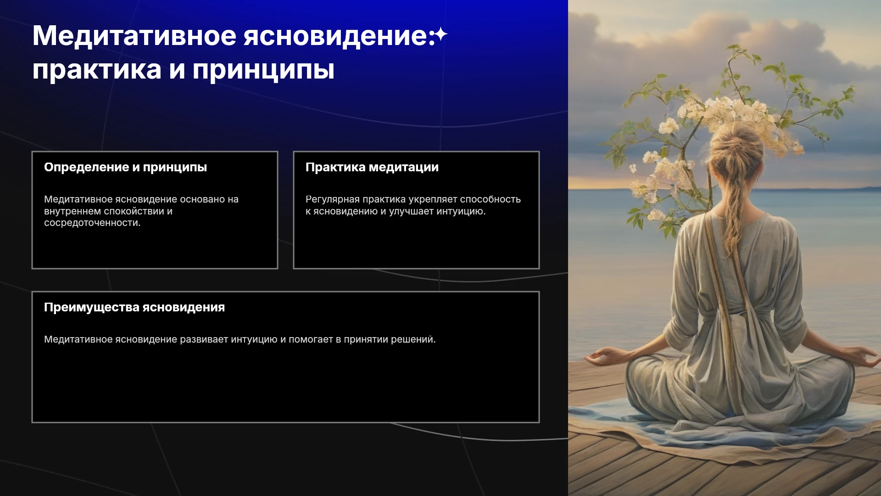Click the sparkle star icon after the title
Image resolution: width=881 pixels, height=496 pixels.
coord(440,35)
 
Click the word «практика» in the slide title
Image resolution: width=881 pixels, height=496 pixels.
coord(97,70)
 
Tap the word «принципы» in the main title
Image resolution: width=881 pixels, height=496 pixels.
coord(263,71)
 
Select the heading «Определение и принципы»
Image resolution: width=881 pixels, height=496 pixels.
coord(125,167)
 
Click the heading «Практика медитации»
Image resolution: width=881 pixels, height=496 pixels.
coord(372,167)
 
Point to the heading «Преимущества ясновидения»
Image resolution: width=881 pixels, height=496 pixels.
coord(134,307)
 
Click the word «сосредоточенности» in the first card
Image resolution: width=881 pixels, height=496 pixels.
coord(92,223)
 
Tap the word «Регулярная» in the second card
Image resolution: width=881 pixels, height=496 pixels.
coord(333,199)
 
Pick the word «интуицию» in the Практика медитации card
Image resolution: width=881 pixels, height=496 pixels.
coord(461,211)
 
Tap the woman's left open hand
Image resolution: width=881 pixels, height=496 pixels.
coord(602,356)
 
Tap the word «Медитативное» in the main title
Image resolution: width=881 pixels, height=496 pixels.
coord(134,36)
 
